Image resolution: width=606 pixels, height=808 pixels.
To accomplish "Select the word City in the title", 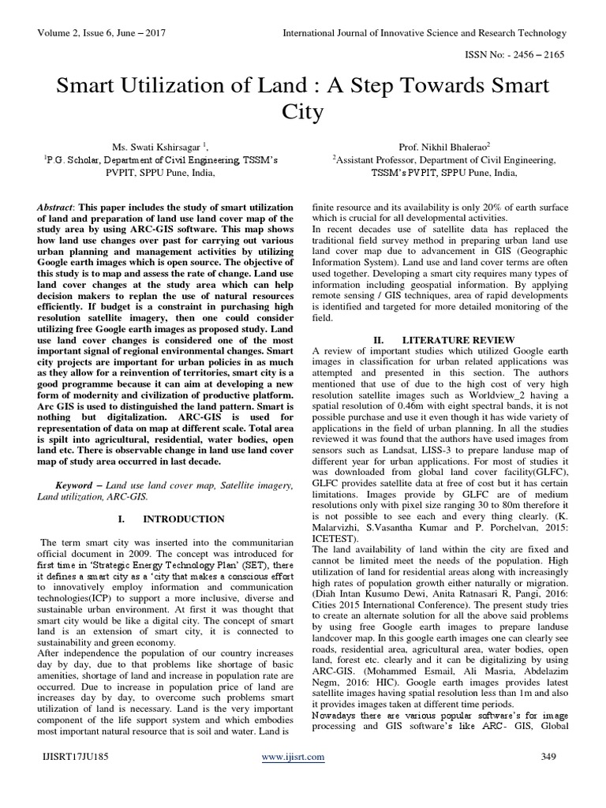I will coord(302,112).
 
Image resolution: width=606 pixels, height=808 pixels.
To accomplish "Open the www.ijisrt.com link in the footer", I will coord(292,779).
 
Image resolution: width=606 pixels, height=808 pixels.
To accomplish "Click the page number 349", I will coord(553,779).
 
